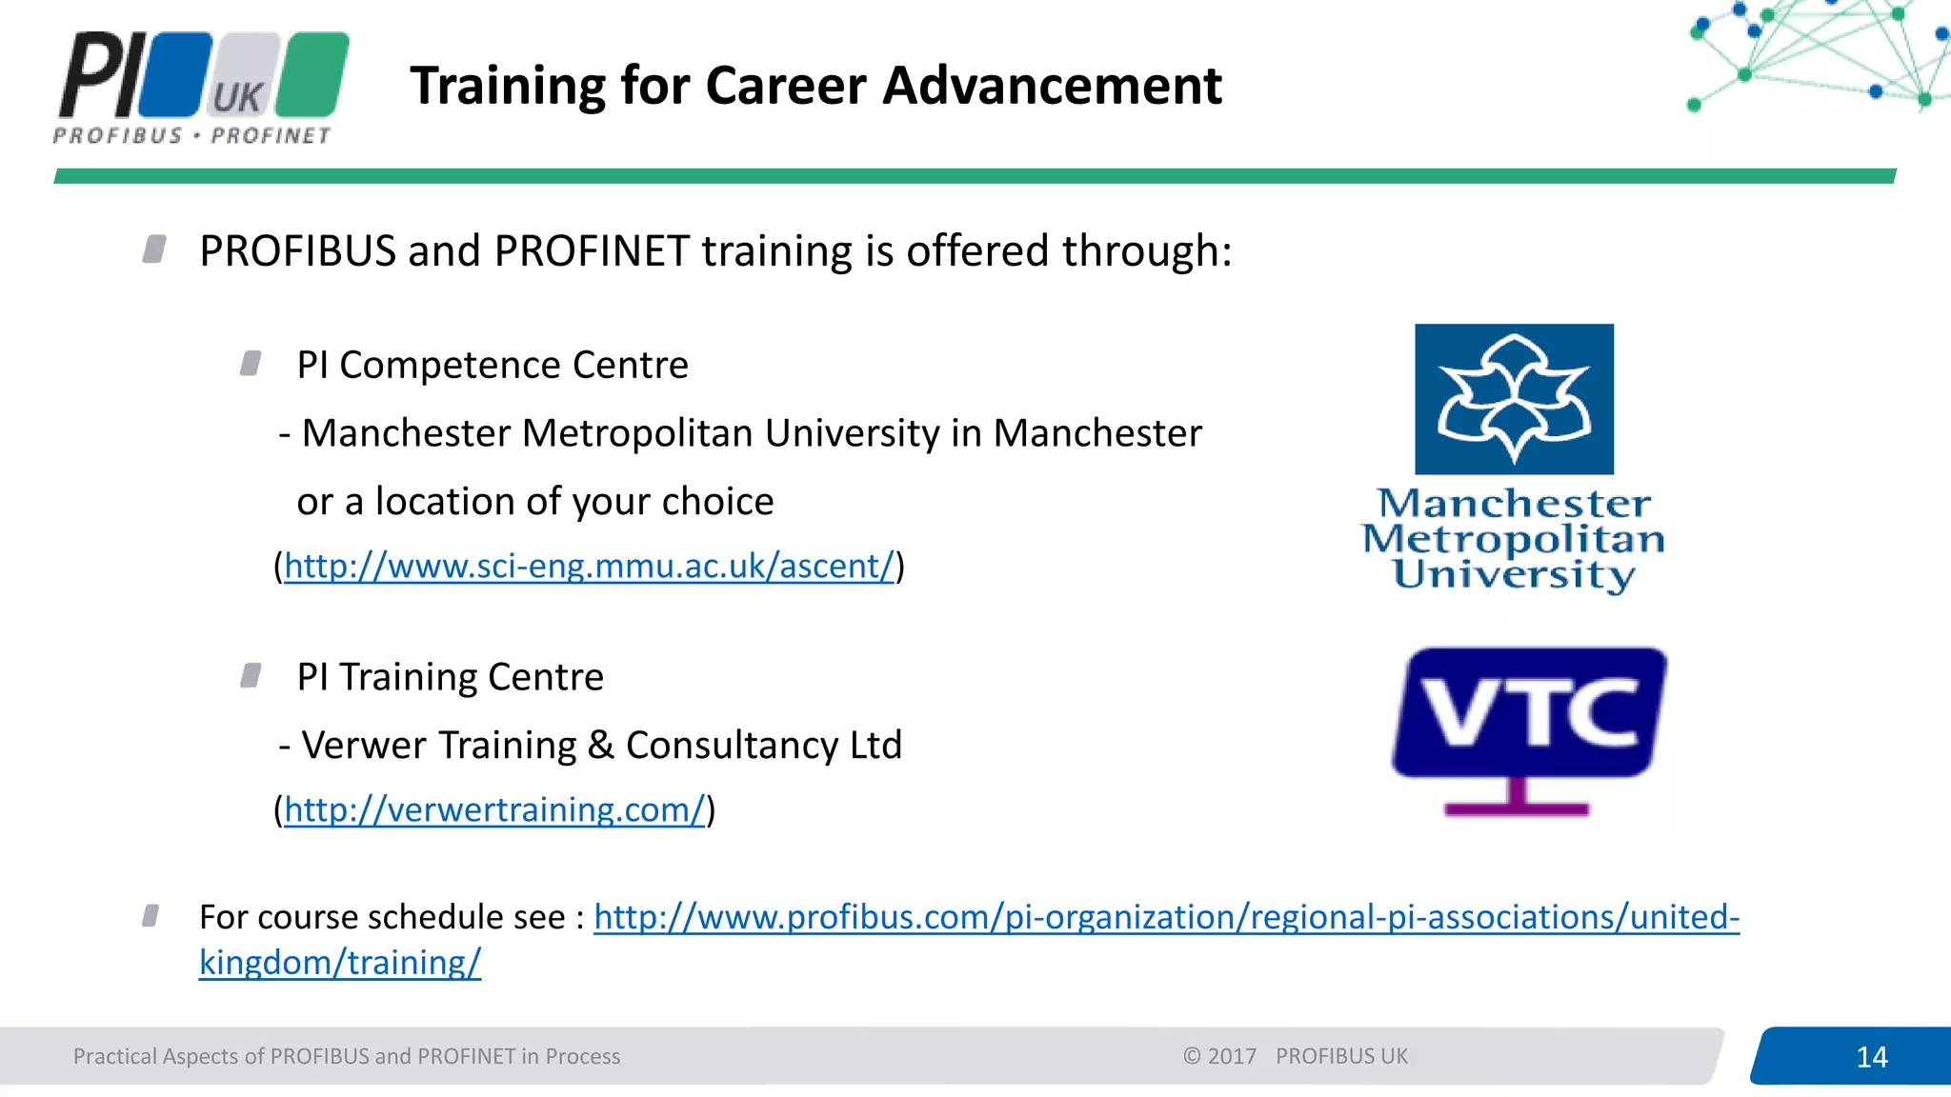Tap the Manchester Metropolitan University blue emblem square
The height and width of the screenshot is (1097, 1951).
[1514, 399]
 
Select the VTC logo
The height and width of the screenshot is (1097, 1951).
[1528, 714]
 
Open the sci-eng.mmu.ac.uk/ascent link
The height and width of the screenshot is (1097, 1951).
[589, 567]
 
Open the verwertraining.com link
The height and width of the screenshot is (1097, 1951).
[493, 810]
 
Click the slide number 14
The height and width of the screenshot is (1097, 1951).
[1871, 1057]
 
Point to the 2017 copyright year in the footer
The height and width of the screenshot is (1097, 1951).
[1232, 1056]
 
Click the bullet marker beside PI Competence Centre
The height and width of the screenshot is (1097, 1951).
[251, 364]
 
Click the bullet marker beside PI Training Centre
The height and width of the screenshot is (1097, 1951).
[251, 676]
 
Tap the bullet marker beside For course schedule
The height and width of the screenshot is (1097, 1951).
[151, 916]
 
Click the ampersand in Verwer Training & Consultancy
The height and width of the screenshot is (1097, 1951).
[600, 746]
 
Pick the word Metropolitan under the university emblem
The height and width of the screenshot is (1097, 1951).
[1513, 539]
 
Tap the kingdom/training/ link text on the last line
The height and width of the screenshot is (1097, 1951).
[340, 963]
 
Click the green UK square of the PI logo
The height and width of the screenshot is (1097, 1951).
[317, 74]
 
